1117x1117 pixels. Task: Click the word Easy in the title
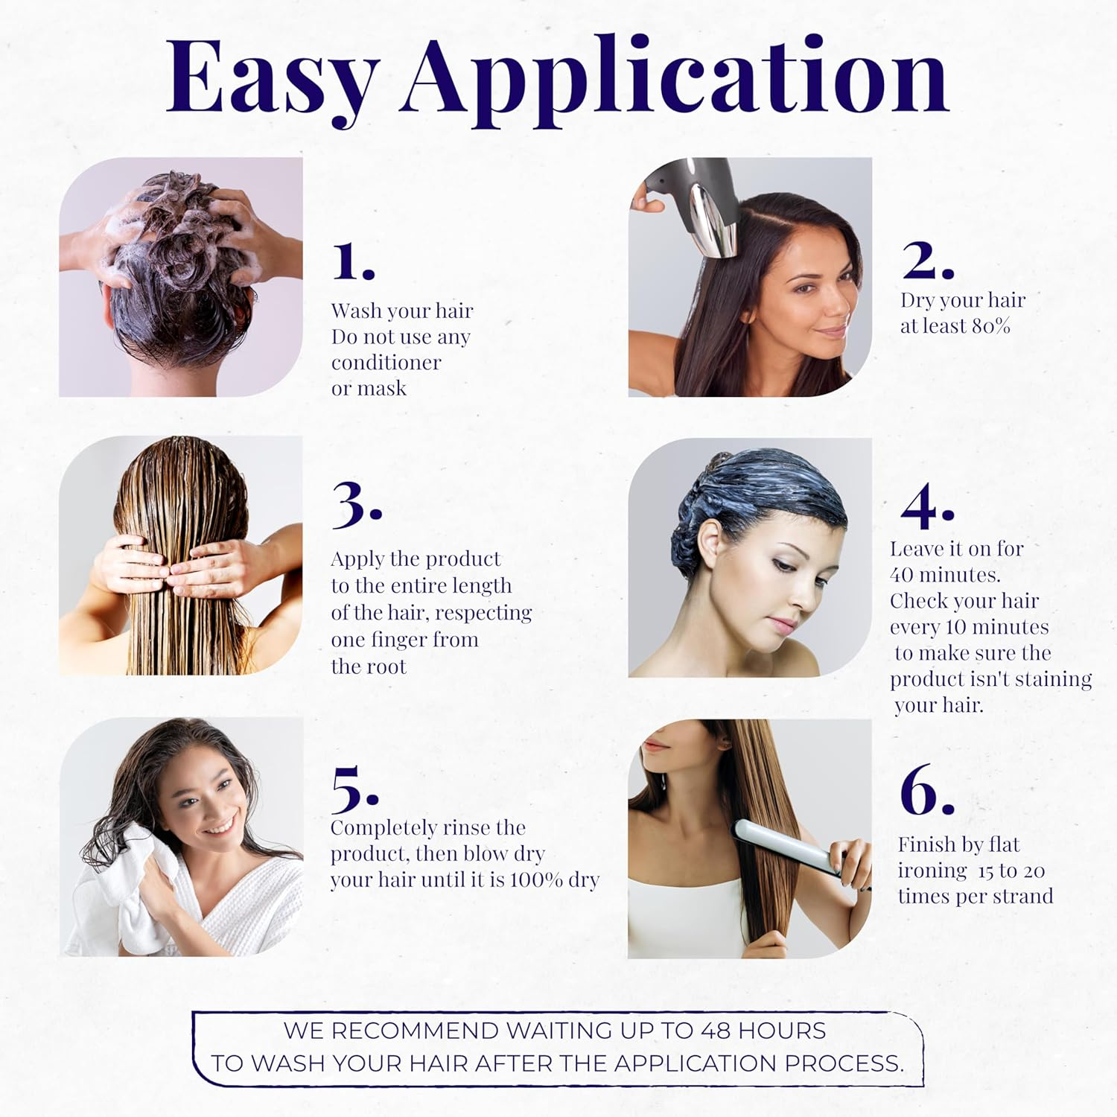(270, 78)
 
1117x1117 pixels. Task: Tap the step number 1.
(352, 261)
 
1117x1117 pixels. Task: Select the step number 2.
(926, 260)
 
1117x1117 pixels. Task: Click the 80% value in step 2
(991, 326)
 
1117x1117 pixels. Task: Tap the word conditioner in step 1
(386, 363)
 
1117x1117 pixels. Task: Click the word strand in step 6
(1017, 896)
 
